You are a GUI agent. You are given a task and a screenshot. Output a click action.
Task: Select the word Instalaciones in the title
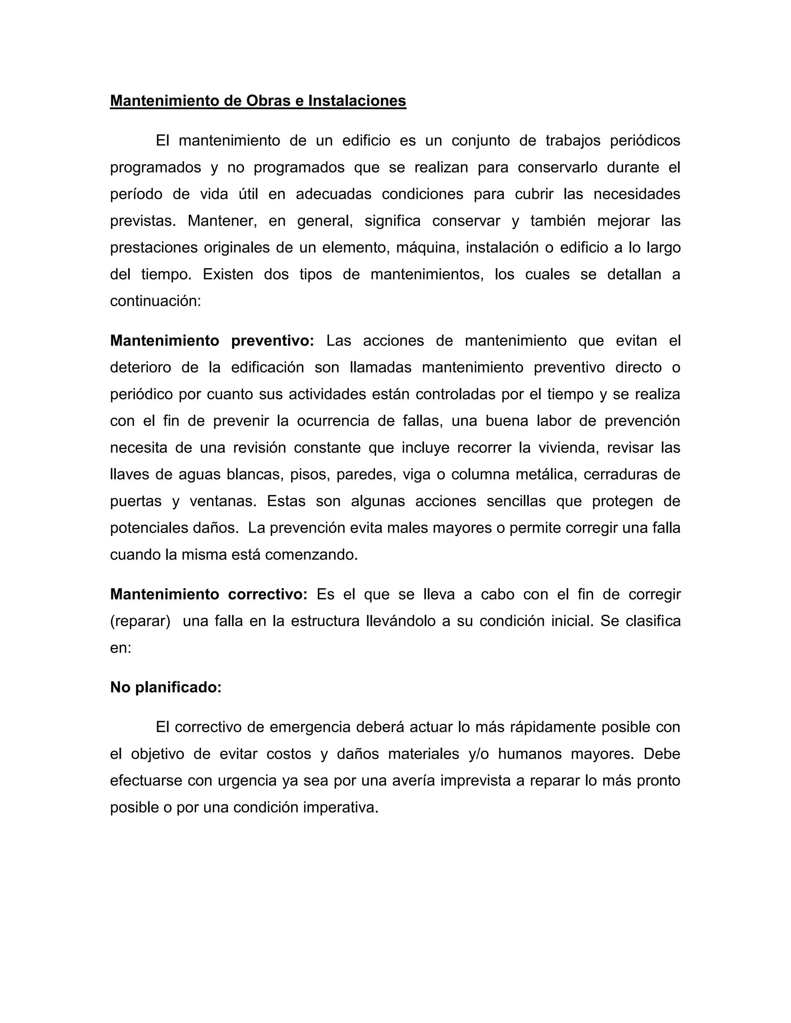coord(357,101)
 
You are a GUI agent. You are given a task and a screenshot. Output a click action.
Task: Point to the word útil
coord(248,194)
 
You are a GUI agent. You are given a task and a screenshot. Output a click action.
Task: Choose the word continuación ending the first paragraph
coord(155,301)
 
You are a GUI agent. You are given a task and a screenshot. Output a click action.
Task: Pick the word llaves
coord(127,474)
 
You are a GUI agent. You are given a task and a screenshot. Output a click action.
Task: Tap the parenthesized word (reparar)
coord(140,621)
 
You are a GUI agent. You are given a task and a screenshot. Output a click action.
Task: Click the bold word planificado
coord(178,687)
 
